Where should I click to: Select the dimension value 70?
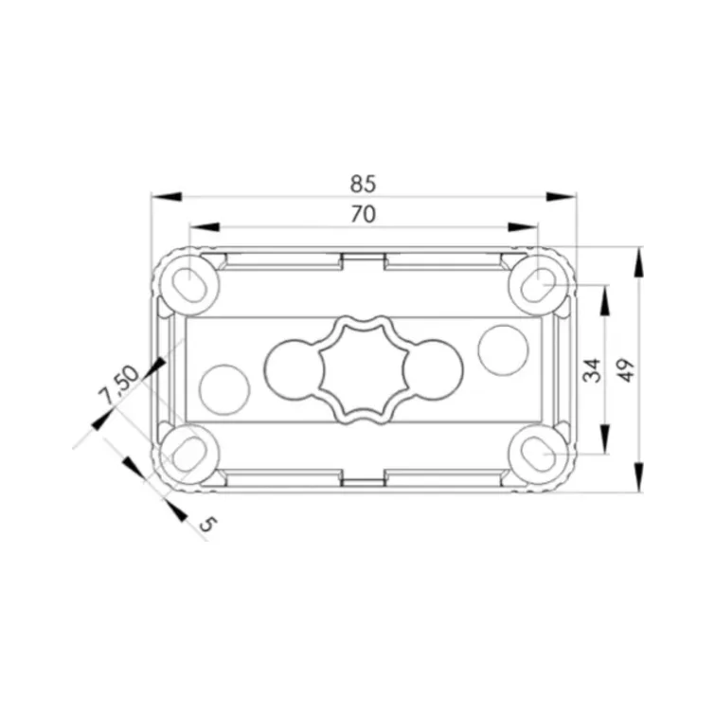point(363,214)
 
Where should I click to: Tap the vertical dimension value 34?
point(592,369)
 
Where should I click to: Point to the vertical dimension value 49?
point(626,369)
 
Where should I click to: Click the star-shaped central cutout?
point(363,369)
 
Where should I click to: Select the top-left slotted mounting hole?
point(192,282)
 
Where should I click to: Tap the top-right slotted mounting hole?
point(537,282)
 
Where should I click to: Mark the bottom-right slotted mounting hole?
point(537,454)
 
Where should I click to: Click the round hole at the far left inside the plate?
point(224,388)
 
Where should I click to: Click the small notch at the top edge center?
point(363,258)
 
